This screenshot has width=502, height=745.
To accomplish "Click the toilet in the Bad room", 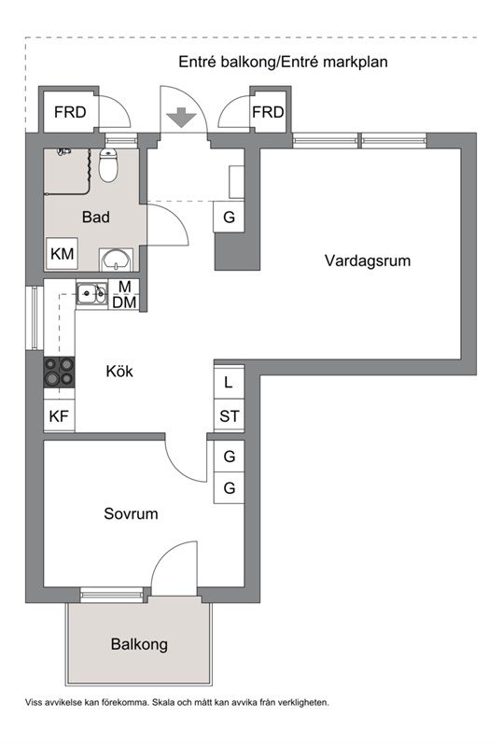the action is [108, 165].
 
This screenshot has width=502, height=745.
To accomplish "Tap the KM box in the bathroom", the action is [62, 254].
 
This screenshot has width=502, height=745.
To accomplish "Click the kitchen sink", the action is [92, 294].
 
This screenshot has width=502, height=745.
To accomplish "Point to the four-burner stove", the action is [59, 372].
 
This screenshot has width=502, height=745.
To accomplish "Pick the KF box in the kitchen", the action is [59, 416].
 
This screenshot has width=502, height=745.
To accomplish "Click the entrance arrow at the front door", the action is [181, 118].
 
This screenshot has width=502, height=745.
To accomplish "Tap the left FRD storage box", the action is [70, 112].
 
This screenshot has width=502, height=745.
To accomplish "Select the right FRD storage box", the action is [269, 112].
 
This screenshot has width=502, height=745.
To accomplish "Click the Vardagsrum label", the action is [368, 260].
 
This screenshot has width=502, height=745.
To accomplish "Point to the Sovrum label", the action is [131, 513].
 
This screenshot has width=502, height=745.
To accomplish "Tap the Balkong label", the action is [139, 644].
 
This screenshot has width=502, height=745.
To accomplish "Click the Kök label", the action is [119, 371].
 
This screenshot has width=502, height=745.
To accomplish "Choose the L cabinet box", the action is [229, 382].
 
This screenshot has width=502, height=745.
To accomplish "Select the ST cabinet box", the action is [229, 415].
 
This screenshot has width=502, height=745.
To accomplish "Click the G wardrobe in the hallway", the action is [229, 217].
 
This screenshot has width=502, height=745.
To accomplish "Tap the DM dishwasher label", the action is [124, 302].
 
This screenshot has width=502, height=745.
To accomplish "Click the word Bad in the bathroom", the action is [96, 217].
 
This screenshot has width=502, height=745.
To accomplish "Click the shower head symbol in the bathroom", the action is [63, 151].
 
